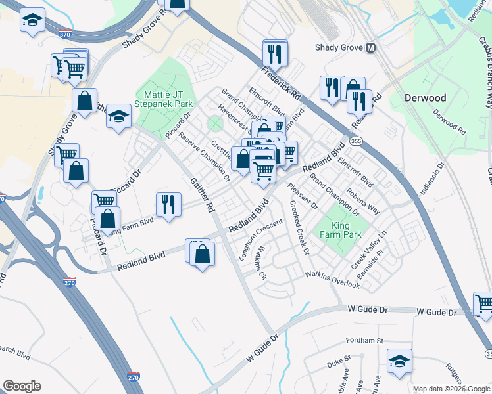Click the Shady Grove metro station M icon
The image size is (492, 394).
pyautogui.click(x=371, y=47)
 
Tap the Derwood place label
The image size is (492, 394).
pyautogui.click(x=425, y=98)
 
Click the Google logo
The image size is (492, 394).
pyautogui.click(x=22, y=386)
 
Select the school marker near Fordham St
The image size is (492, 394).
pyautogui.click(x=399, y=362)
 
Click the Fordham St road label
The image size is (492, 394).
pyautogui.click(x=366, y=341)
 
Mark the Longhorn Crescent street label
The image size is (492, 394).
pyautogui.click(x=260, y=239)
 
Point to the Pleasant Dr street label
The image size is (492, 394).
pyautogui.click(x=302, y=195)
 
